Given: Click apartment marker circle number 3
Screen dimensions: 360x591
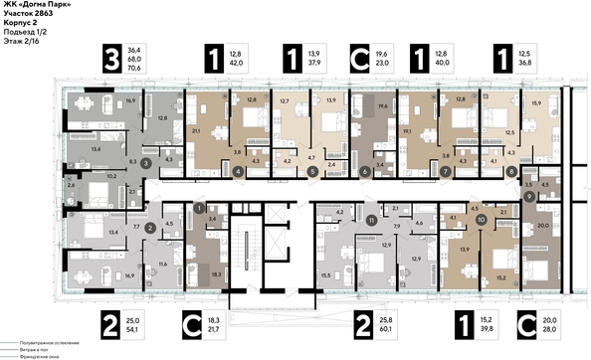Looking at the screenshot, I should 146,160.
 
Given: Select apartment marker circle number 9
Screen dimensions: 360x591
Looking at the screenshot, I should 529,196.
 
